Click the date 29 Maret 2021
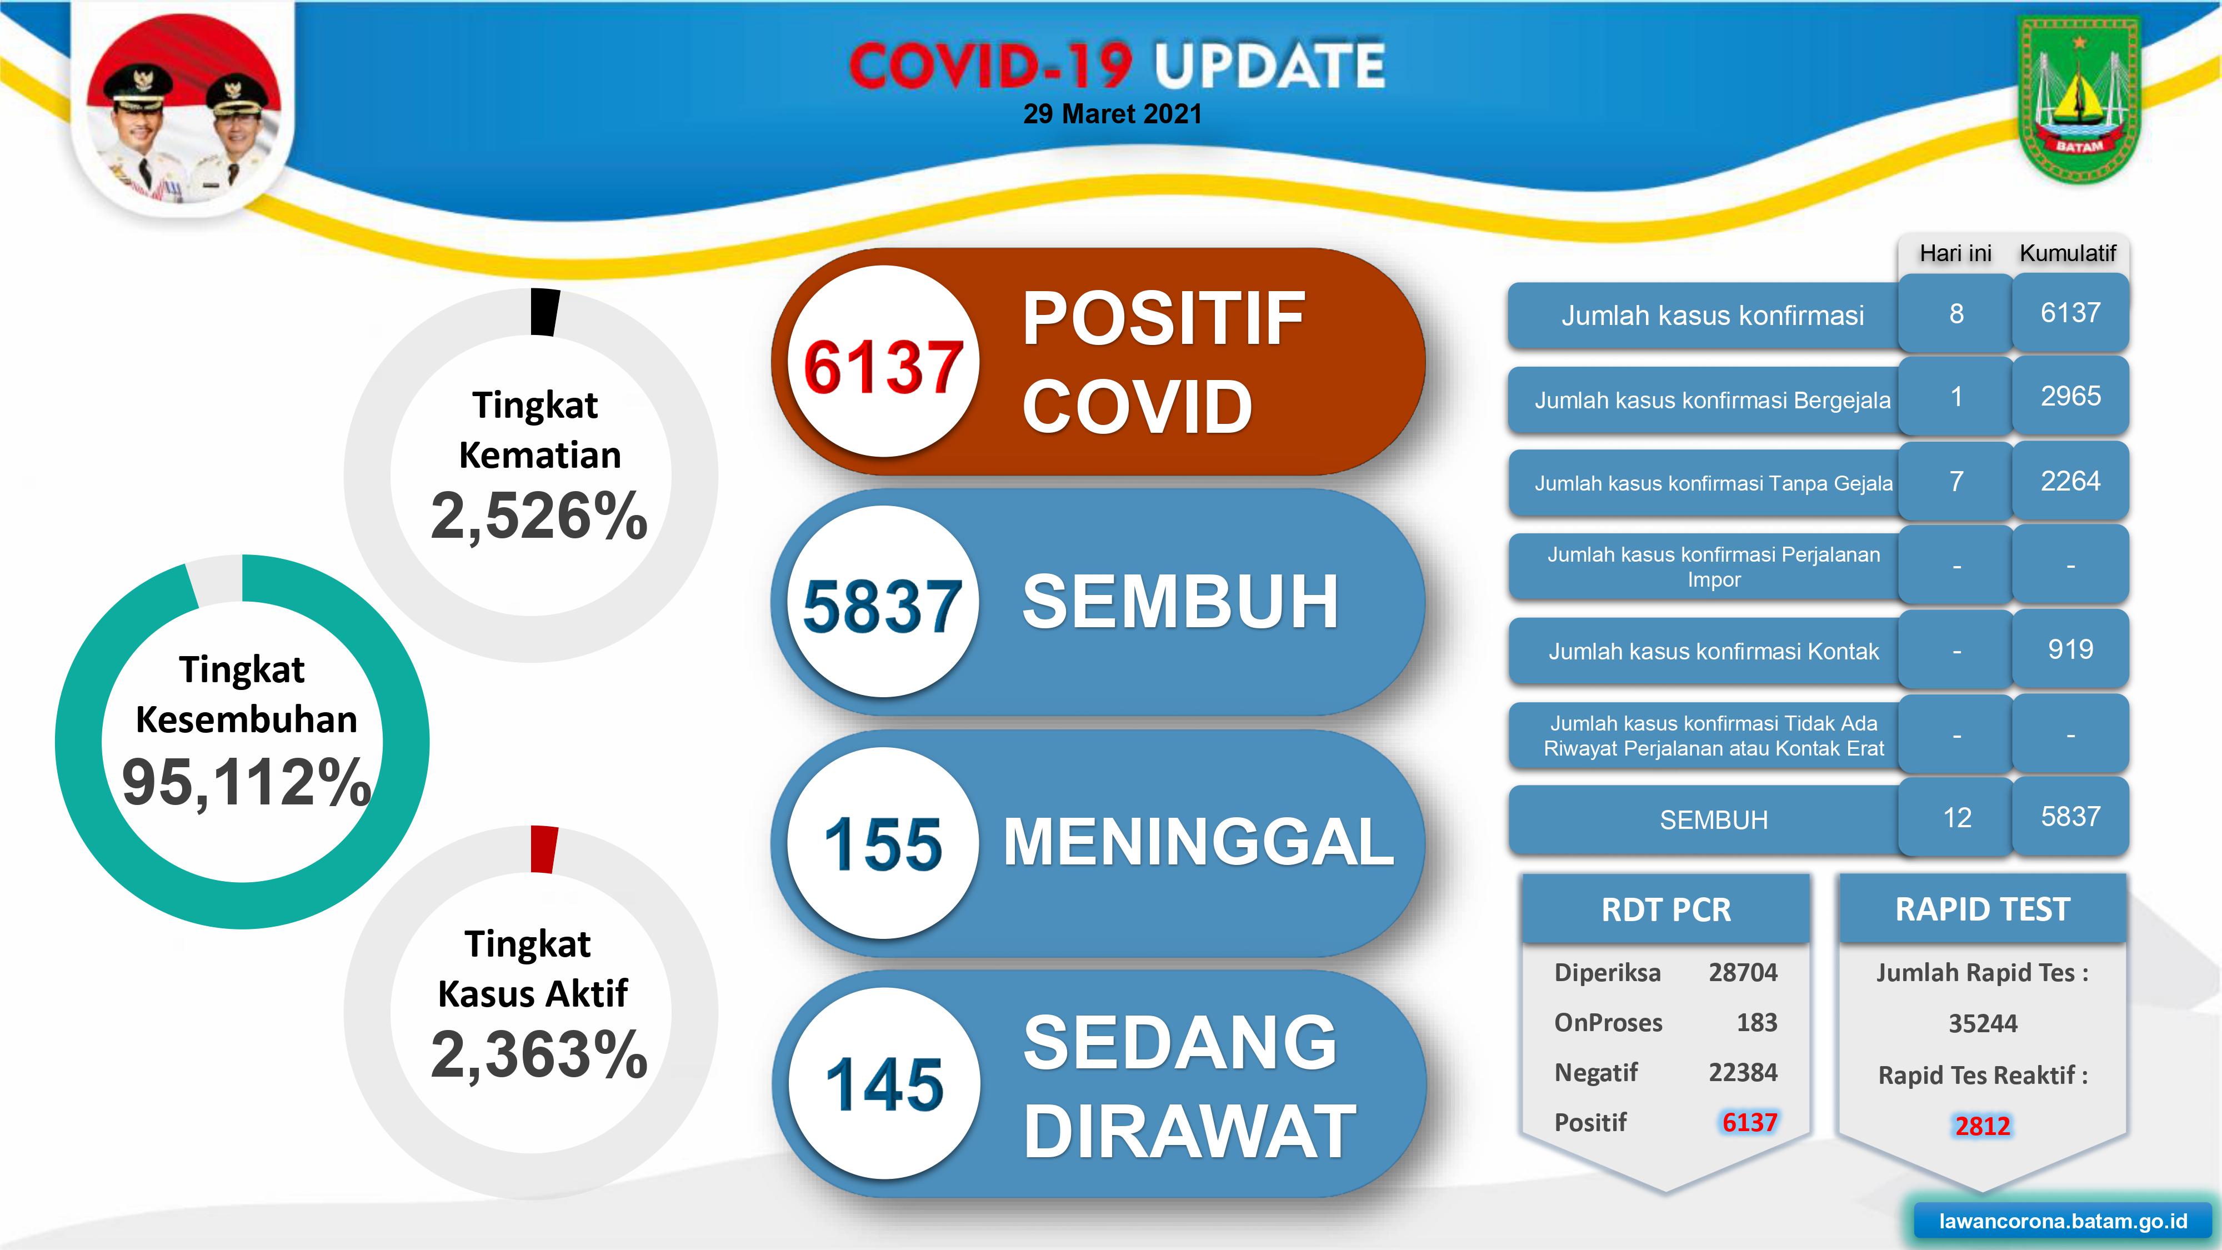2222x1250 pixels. [1112, 114]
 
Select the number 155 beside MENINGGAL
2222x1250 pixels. [883, 844]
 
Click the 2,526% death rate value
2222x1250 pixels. [539, 516]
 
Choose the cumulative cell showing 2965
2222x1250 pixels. [2070, 396]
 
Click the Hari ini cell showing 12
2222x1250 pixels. [1957, 817]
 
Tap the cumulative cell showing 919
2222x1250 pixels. [2070, 649]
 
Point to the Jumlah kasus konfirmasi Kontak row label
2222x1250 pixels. [1713, 651]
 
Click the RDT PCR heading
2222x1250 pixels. [1665, 909]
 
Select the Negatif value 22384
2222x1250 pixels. [1743, 1072]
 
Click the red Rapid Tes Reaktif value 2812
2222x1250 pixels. [1982, 1125]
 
